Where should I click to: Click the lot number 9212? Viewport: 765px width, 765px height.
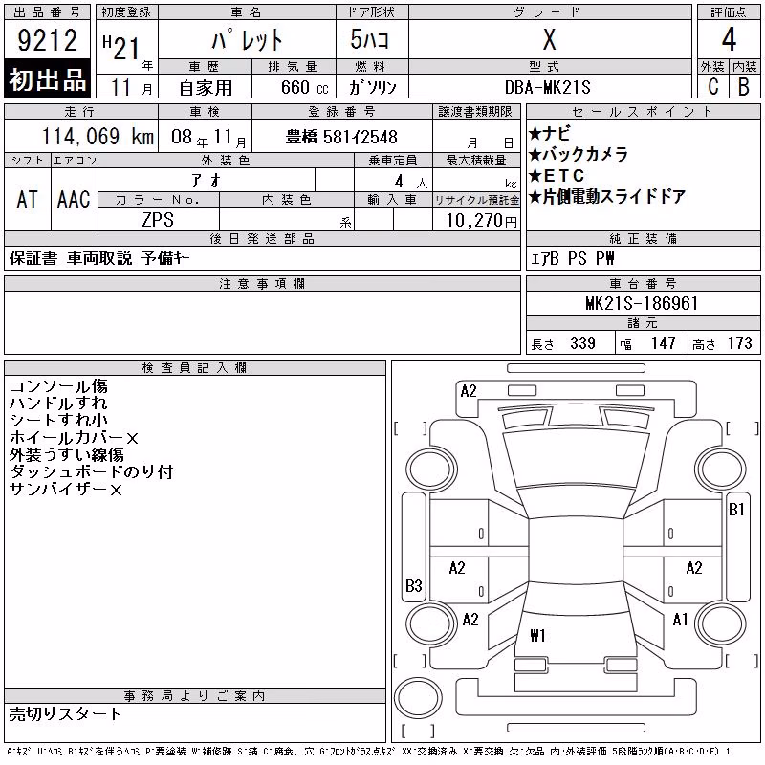pyautogui.click(x=47, y=40)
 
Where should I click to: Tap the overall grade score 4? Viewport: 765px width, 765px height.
pyautogui.click(x=729, y=39)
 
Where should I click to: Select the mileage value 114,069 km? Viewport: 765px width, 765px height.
pyautogui.click(x=98, y=137)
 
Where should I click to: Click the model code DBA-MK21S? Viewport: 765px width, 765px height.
pyautogui.click(x=547, y=87)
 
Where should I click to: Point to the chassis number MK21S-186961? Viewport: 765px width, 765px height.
pyautogui.click(x=642, y=303)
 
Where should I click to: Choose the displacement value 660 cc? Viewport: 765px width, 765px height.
pyautogui.click(x=304, y=88)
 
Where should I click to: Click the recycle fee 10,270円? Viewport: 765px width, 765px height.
pyautogui.click(x=482, y=221)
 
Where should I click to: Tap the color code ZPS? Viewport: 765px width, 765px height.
pyautogui.click(x=158, y=220)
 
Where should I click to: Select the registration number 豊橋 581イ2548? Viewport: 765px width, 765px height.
pyautogui.click(x=341, y=137)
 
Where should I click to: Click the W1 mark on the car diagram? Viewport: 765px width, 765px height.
pyautogui.click(x=537, y=635)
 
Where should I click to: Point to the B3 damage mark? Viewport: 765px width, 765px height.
pyautogui.click(x=414, y=585)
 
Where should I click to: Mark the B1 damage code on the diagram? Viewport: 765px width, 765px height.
pyautogui.click(x=736, y=510)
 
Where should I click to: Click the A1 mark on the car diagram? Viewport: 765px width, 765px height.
pyautogui.click(x=680, y=620)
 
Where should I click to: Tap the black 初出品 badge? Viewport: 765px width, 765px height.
pyautogui.click(x=47, y=78)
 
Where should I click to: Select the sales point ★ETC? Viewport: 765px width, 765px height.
pyautogui.click(x=557, y=175)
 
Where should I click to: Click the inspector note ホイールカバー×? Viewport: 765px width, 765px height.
pyautogui.click(x=74, y=438)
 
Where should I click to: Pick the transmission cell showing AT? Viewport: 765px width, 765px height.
pyautogui.click(x=28, y=199)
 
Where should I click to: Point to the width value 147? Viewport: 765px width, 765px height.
pyautogui.click(x=663, y=343)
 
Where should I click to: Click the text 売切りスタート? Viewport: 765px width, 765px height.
pyautogui.click(x=65, y=714)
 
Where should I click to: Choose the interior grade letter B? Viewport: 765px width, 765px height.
pyautogui.click(x=744, y=87)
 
